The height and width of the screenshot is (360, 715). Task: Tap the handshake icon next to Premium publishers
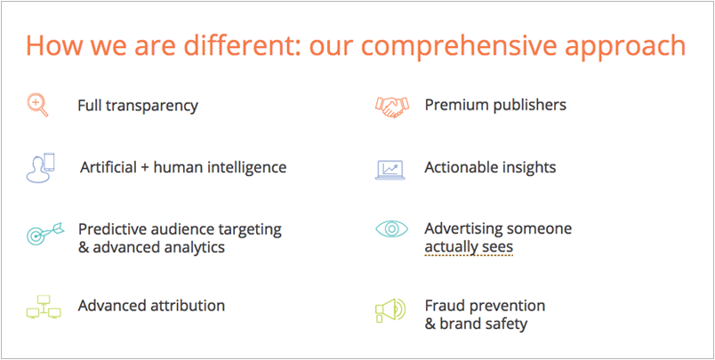click(x=391, y=106)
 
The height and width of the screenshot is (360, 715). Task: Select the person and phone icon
click(x=40, y=167)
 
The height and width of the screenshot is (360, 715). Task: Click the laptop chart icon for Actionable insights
click(x=390, y=168)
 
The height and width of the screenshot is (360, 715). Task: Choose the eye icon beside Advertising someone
click(x=391, y=228)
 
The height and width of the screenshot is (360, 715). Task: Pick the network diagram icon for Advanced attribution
click(x=44, y=307)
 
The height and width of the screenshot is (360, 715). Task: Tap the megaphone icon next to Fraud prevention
click(x=390, y=308)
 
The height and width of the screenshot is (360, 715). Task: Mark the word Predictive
click(x=112, y=228)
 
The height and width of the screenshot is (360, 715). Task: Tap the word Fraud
click(x=445, y=306)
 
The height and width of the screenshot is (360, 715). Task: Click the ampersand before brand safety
click(x=430, y=324)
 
